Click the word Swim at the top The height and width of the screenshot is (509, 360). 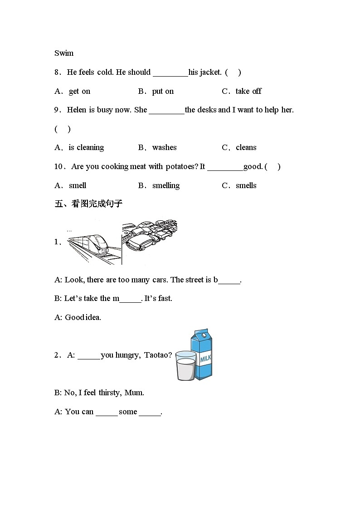64,53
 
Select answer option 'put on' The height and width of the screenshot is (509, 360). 163,91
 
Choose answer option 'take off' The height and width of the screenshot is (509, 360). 248,91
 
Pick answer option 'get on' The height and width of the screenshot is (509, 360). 79,91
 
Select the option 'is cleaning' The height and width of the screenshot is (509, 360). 86,147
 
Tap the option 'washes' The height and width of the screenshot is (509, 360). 164,147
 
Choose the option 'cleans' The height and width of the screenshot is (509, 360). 246,147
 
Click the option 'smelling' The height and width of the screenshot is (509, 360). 165,185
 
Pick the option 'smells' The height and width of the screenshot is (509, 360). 246,185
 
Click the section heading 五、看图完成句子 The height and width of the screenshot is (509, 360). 88,204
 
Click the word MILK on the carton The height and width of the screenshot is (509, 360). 205,359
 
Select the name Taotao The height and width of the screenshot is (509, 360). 158,355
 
